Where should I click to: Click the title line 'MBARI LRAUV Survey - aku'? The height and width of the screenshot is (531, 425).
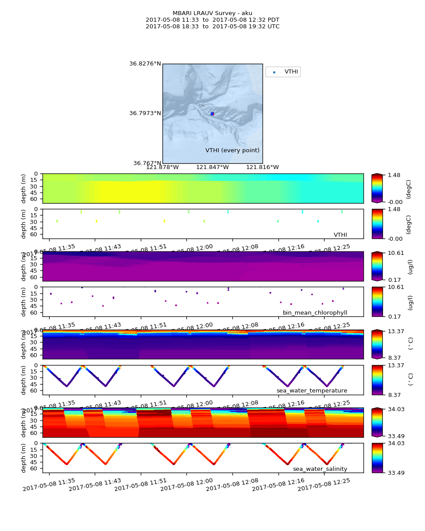point(212,13)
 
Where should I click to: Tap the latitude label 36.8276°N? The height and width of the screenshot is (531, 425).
point(145,64)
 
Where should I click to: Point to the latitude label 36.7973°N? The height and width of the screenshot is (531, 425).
point(145,113)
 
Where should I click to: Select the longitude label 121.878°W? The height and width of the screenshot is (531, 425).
point(162,167)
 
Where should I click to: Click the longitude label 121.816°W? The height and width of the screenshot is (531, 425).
point(263,167)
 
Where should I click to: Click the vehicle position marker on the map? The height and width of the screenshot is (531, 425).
point(212,114)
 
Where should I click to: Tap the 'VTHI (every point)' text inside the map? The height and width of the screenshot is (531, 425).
point(232,150)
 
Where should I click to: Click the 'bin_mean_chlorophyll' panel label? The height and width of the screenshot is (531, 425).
point(315,313)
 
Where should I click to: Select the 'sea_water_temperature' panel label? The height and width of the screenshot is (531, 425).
point(312,391)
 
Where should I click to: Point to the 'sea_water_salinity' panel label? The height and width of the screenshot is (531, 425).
point(320,469)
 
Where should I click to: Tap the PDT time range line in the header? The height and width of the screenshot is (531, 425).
point(212,20)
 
